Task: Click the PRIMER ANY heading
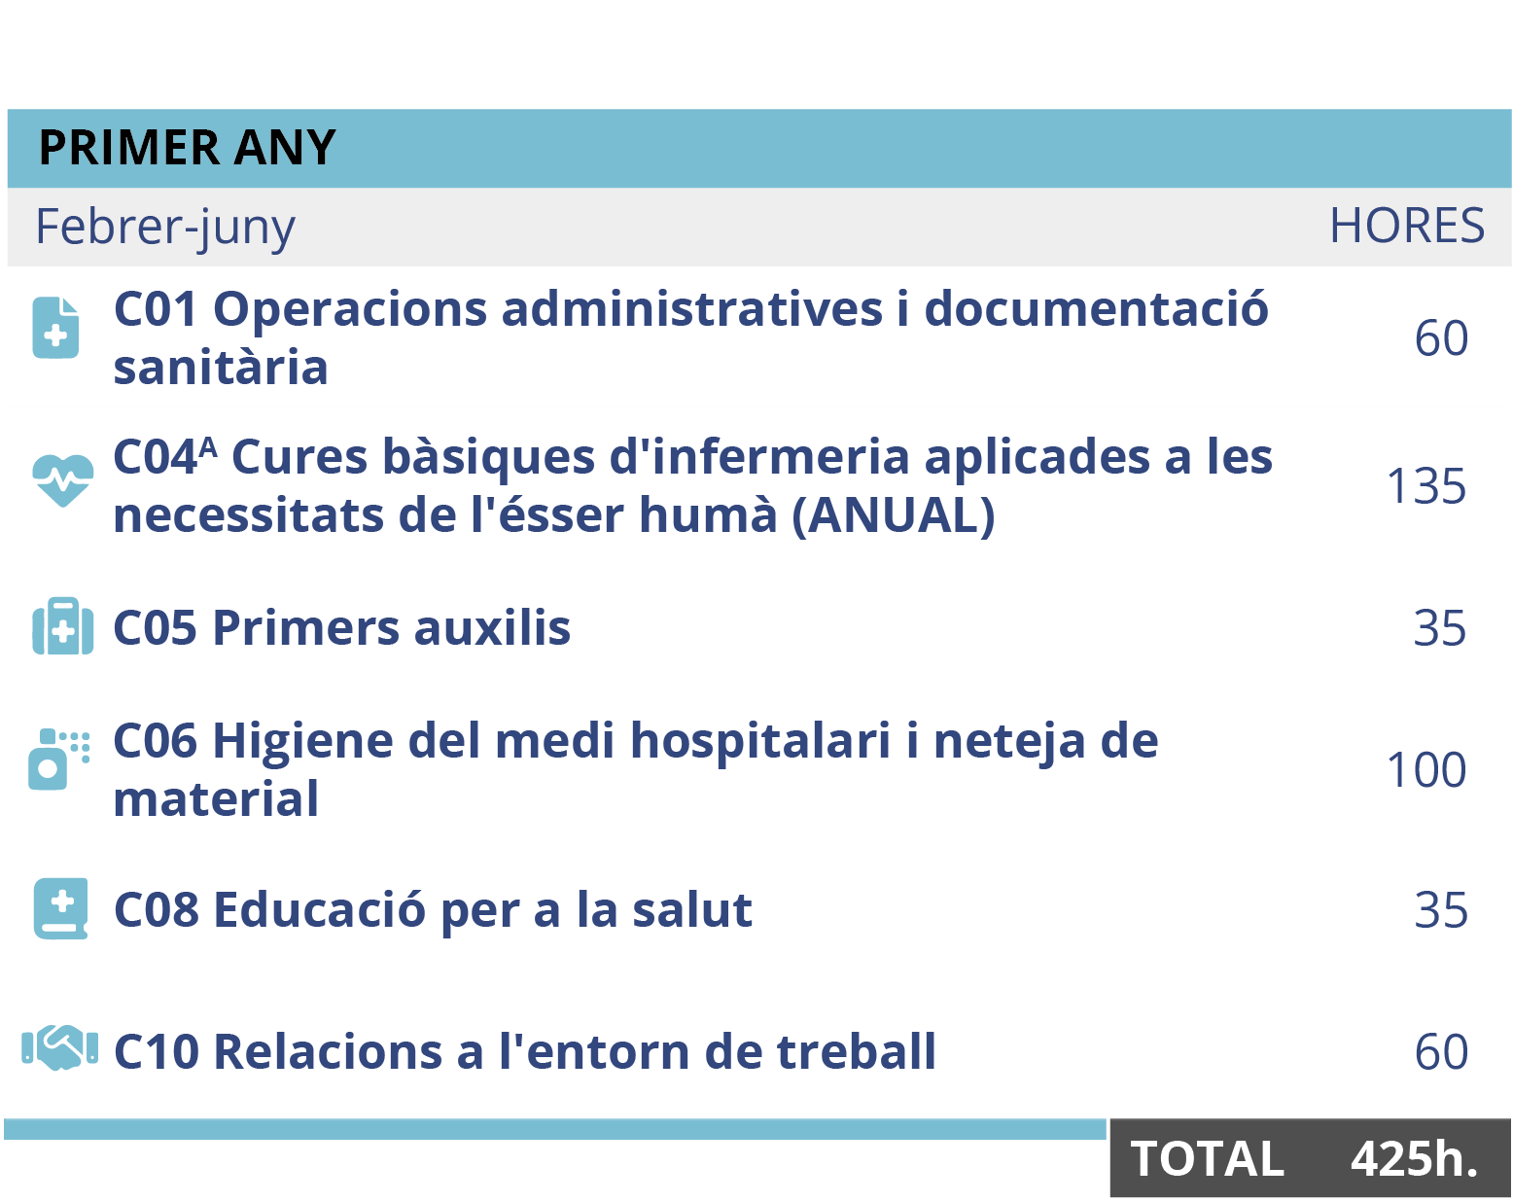[x=187, y=148]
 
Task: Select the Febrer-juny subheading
[x=164, y=228]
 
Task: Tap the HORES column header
[x=1406, y=227]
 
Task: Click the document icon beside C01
[x=56, y=329]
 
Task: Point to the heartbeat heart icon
[x=62, y=479]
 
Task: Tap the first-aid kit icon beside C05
[x=62, y=627]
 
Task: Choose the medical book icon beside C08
[x=60, y=909]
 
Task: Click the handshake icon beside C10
[x=60, y=1048]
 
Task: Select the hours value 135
[x=1425, y=486]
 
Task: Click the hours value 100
[x=1425, y=770]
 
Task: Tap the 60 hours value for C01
[x=1441, y=339]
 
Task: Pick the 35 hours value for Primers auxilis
[x=1440, y=628]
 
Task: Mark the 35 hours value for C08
[x=1440, y=910]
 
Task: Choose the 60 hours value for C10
[x=1441, y=1052]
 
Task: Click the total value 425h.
[x=1414, y=1159]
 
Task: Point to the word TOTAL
[x=1207, y=1159]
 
